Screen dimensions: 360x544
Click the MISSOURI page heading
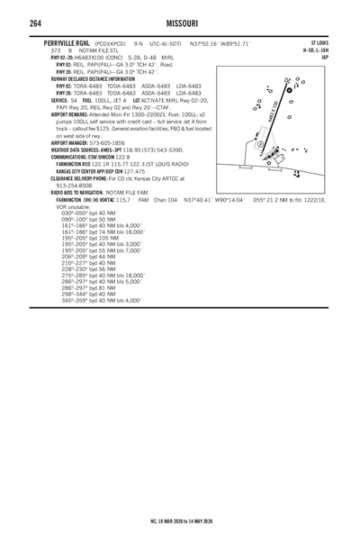pyautogui.click(x=180, y=22)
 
